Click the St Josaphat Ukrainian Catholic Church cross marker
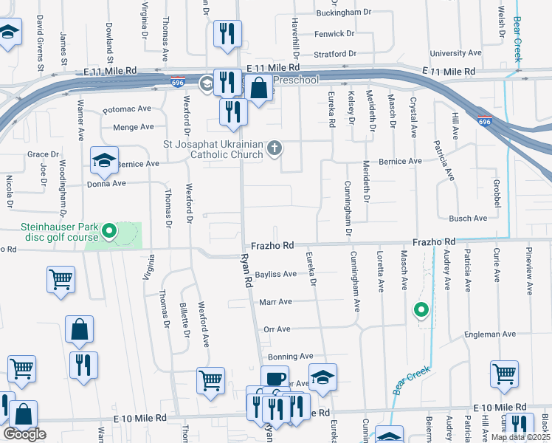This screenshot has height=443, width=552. point(275,148)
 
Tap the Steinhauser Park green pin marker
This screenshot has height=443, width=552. point(109,233)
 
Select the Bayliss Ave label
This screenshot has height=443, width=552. point(275,274)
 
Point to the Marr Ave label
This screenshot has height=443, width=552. point(275,301)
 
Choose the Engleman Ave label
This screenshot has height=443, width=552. point(491,334)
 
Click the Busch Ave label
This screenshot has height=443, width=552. point(468,219)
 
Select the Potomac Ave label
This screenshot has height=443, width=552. point(127,109)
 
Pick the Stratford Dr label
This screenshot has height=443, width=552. point(334,54)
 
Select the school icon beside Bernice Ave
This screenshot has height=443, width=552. point(104,159)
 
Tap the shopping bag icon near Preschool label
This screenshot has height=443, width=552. point(259,88)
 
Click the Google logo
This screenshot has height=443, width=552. point(24,434)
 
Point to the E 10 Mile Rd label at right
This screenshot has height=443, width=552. point(502,408)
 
